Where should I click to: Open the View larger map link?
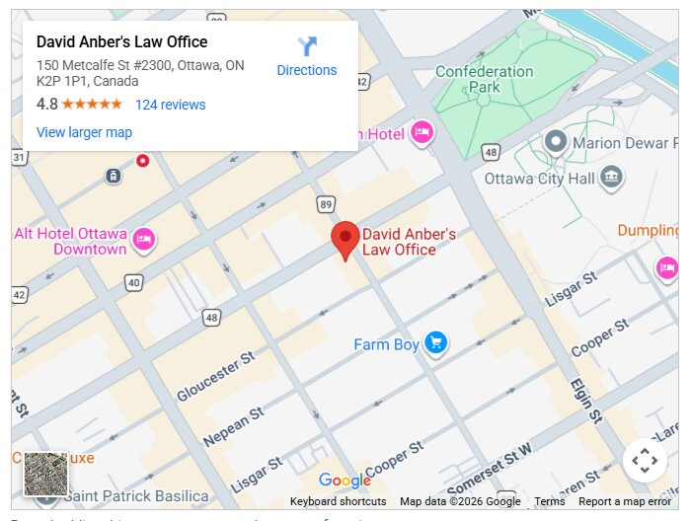coord(84,132)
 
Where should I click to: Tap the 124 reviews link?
coord(170,105)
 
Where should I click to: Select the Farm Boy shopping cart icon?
coord(435,343)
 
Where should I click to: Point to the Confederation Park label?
coord(484,79)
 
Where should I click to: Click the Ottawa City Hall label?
coord(540,179)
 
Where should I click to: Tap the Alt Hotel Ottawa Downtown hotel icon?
coord(144,239)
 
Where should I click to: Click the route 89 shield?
coord(326,203)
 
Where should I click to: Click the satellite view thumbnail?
coord(45,474)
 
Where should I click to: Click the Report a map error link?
coord(625,501)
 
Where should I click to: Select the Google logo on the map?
coord(345,481)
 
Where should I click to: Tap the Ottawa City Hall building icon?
coord(612,178)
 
